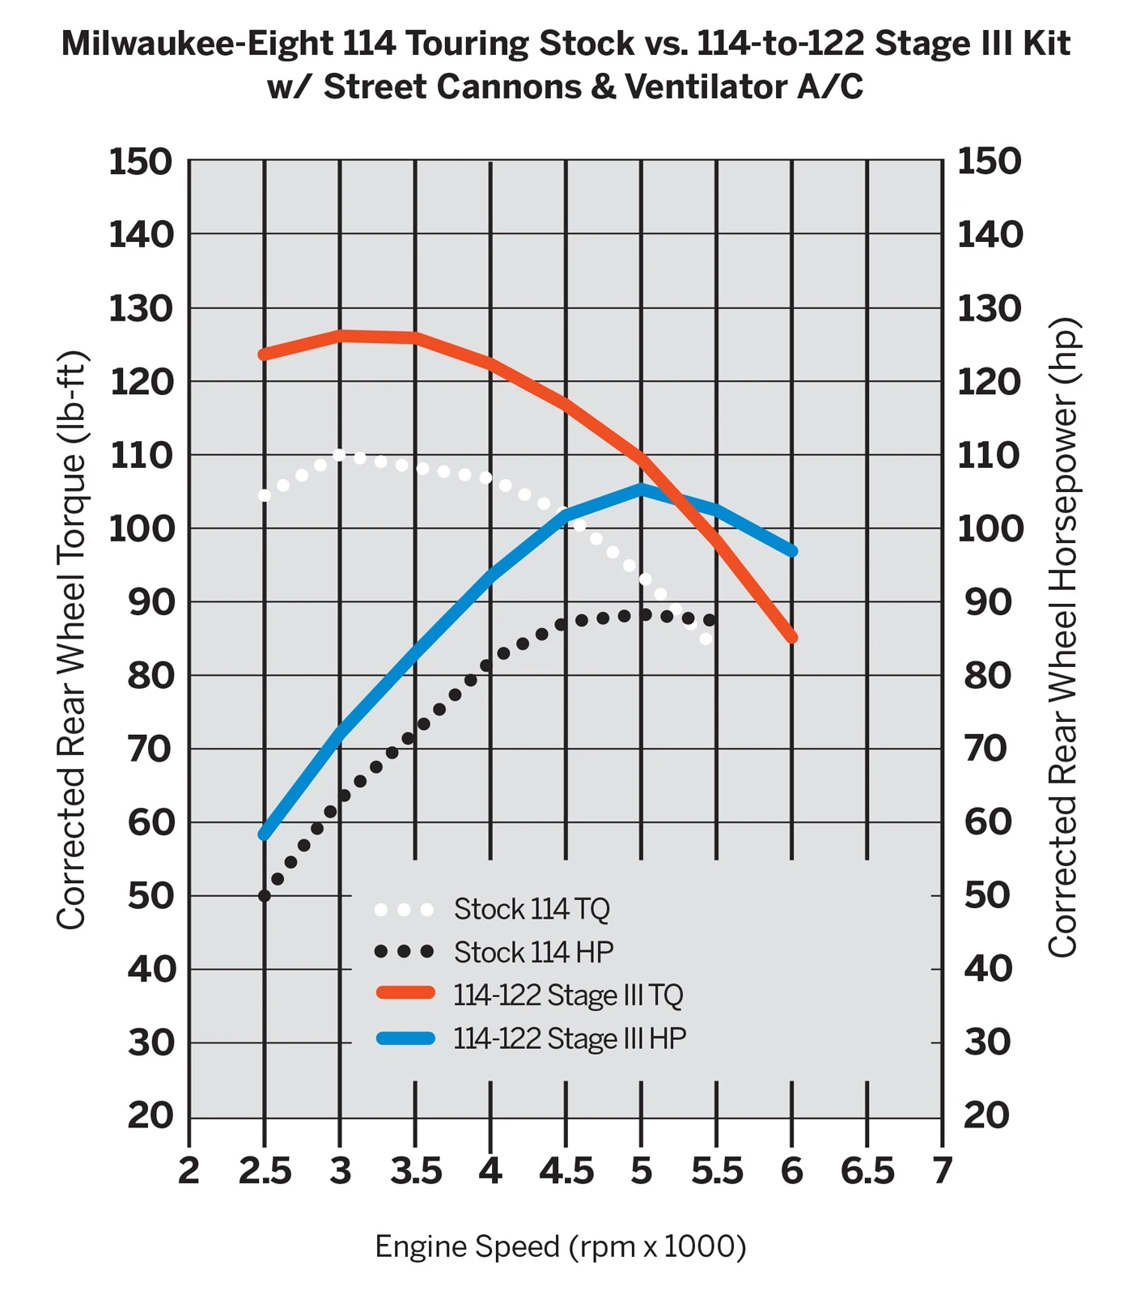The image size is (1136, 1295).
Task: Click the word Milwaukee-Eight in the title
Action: click(x=197, y=43)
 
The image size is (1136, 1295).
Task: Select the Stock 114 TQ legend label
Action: click(x=532, y=909)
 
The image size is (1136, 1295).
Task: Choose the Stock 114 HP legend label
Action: click(x=533, y=952)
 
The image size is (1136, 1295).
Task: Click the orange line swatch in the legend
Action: click(x=405, y=993)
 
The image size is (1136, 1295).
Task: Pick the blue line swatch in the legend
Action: click(x=405, y=1038)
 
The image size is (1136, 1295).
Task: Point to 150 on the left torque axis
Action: click(x=141, y=161)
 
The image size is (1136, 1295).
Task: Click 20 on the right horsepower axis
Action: click(x=987, y=1115)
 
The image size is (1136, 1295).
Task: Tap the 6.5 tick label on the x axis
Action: click(x=867, y=1171)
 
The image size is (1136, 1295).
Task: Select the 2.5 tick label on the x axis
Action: click(x=265, y=1171)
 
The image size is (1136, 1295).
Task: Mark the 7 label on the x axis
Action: click(x=942, y=1171)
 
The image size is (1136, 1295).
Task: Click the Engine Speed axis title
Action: click(x=560, y=1246)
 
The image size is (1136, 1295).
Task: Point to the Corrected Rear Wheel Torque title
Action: click(x=71, y=639)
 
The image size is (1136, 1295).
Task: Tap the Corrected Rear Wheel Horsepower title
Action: click(x=1062, y=637)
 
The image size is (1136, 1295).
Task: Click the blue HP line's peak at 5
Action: click(x=641, y=489)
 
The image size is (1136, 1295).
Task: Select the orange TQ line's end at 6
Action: click(x=792, y=637)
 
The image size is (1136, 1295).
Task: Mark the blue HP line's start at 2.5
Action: click(x=265, y=834)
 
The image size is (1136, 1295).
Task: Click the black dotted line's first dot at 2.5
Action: click(x=265, y=896)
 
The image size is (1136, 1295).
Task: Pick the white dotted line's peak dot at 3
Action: click(x=340, y=455)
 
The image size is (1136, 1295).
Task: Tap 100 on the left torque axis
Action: click(x=141, y=529)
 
